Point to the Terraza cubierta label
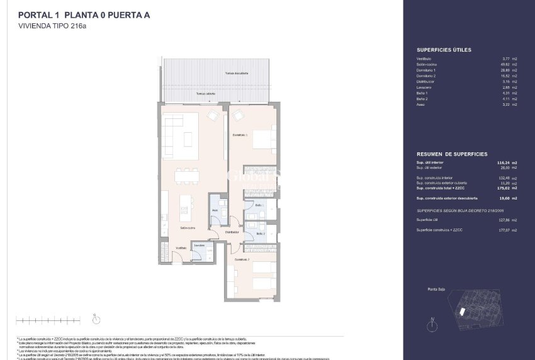click(206, 94)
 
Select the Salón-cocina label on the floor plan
click(187, 227)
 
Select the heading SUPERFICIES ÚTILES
click(444, 49)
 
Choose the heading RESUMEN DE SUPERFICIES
click(451, 154)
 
